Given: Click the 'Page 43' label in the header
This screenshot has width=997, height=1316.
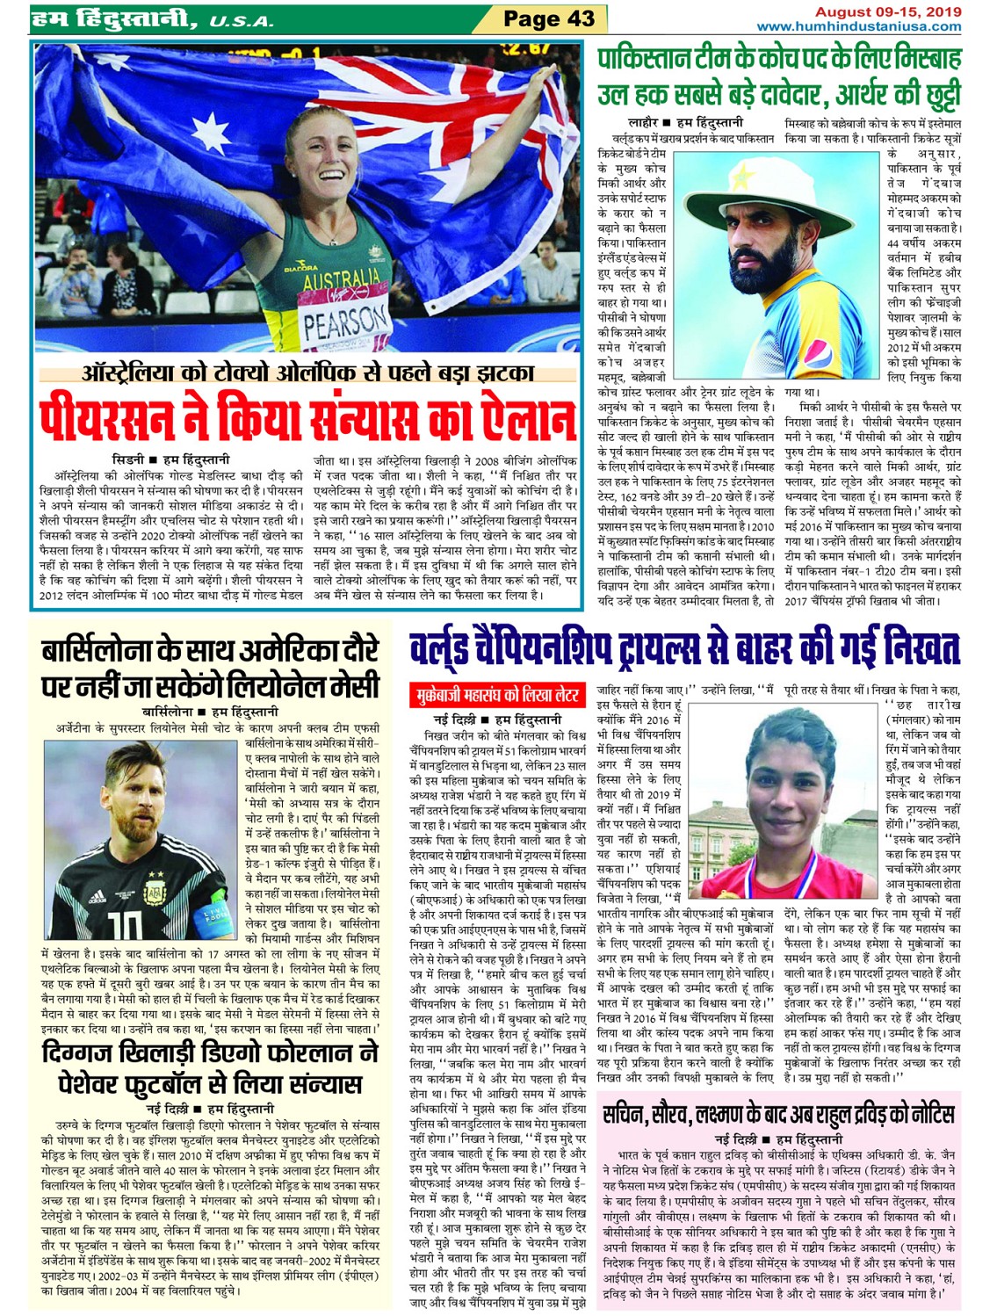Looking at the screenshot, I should coord(549,18).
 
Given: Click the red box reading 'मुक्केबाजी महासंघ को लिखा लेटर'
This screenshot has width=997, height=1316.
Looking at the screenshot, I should coord(499,695).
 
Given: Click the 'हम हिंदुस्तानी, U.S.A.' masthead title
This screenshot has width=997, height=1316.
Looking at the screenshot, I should coord(151,18).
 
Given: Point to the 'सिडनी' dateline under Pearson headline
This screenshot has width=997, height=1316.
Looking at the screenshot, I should coord(127,459).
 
